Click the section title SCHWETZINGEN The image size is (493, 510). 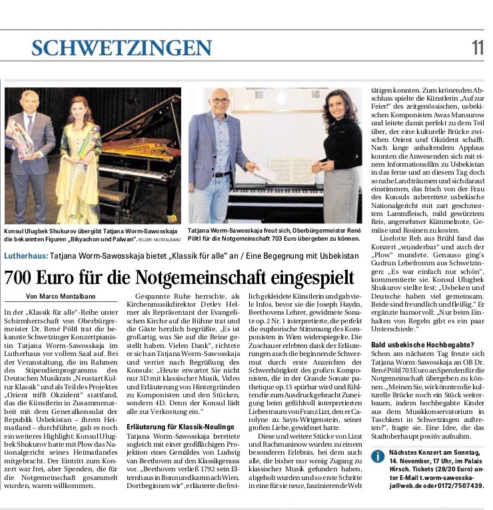click(x=121, y=48)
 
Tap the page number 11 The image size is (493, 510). click(x=478, y=47)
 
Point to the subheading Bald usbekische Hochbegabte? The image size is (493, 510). click(x=417, y=344)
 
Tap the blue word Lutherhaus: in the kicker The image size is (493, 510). click(x=25, y=255)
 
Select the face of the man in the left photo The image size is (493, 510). click(x=30, y=101)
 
